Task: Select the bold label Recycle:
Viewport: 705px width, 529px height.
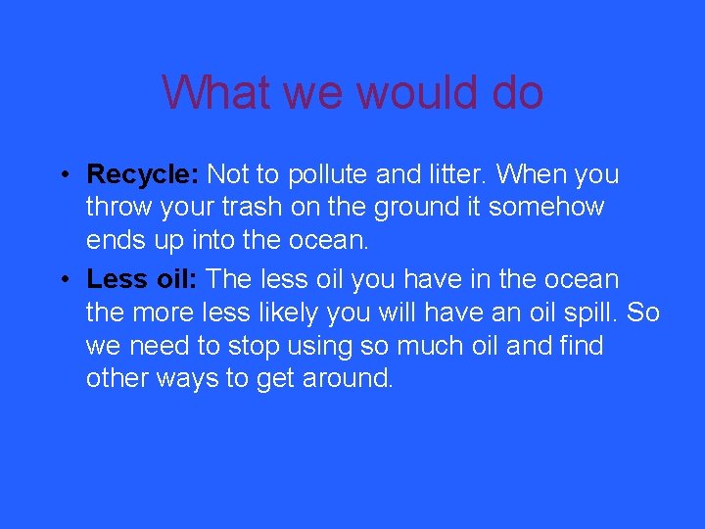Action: pos(143,174)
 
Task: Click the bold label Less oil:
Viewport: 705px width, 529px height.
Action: pos(142,279)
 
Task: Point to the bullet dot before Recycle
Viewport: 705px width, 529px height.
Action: pos(61,176)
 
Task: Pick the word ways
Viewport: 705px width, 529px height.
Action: pos(182,379)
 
